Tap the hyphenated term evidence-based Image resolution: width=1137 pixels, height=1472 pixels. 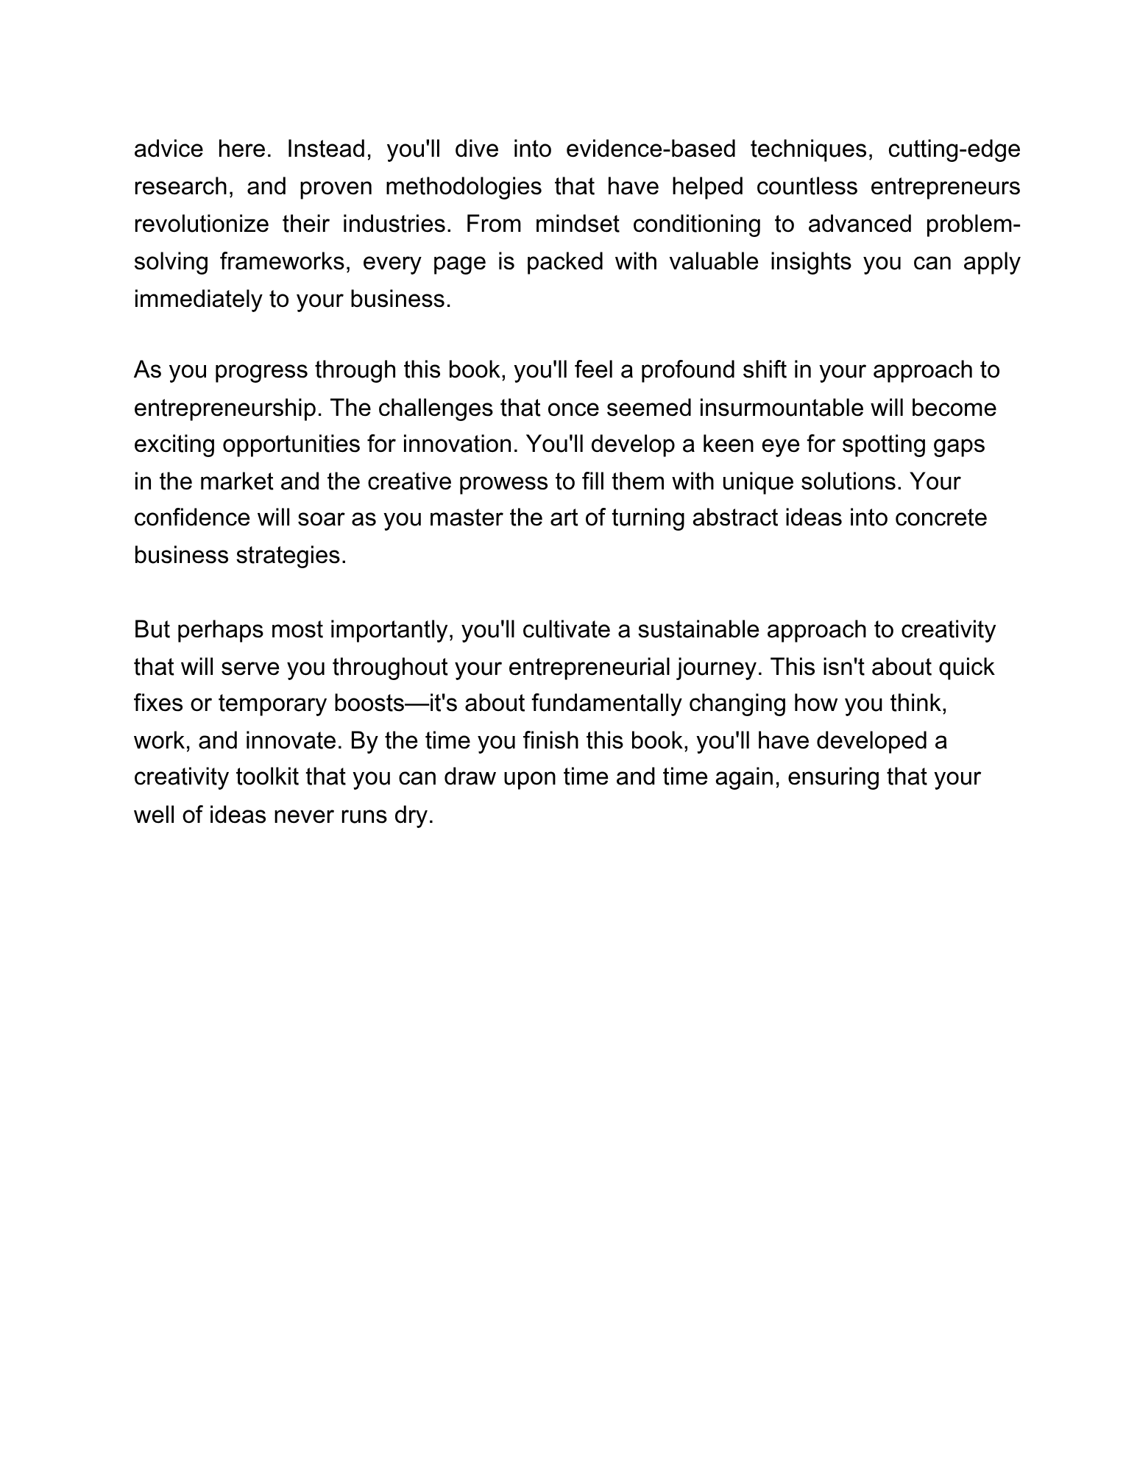click(651, 149)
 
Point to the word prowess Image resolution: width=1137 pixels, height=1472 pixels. click(504, 482)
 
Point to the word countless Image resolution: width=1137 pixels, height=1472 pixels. click(807, 187)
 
